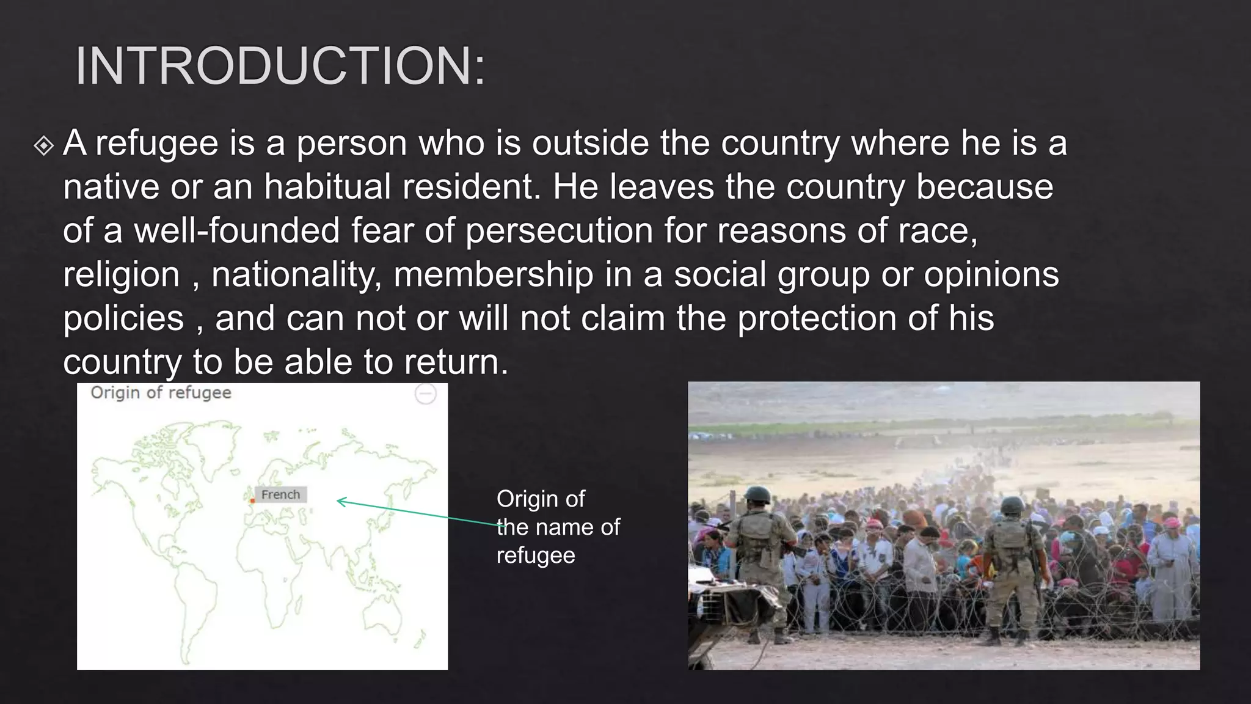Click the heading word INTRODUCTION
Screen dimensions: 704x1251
[279, 66]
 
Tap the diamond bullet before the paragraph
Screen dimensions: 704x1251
[44, 146]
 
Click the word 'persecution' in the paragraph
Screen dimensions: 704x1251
[559, 231]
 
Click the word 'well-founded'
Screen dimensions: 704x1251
[236, 231]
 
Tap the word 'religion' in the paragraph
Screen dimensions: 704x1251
[122, 274]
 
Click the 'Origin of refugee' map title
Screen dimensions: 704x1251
[161, 393]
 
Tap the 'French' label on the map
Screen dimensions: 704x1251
[280, 494]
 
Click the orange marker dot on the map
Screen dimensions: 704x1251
[252, 501]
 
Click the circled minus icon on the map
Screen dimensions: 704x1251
[426, 394]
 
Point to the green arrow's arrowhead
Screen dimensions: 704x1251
[340, 502]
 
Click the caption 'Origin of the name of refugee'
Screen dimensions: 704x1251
[557, 527]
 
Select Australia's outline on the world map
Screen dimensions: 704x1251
[382, 611]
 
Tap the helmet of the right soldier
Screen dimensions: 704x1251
[1012, 505]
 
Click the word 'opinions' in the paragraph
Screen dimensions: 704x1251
[991, 274]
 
